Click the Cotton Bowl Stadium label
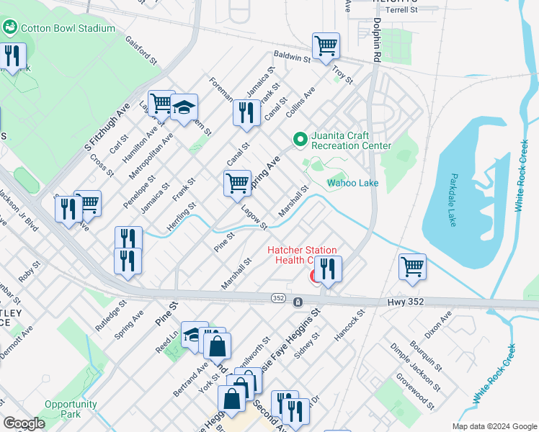(x=68, y=28)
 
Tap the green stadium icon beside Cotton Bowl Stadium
(x=10, y=28)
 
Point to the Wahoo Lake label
(x=352, y=183)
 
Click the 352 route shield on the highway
(x=278, y=297)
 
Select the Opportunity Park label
(x=71, y=409)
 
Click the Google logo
(x=23, y=423)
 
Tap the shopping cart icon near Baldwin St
(x=326, y=46)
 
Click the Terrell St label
(x=401, y=10)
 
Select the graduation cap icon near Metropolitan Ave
(x=184, y=108)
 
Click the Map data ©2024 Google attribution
(x=494, y=426)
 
